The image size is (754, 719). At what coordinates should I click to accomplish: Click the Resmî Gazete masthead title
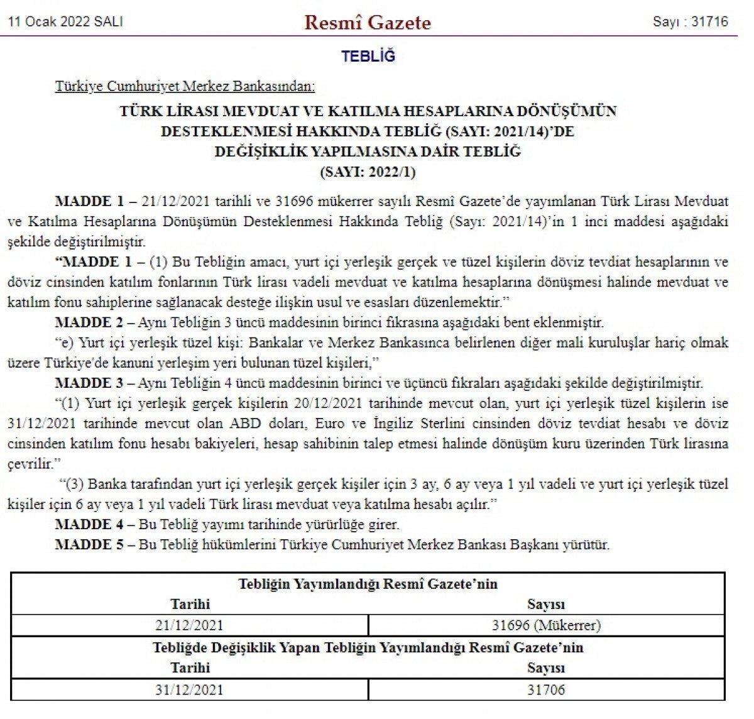pyautogui.click(x=368, y=23)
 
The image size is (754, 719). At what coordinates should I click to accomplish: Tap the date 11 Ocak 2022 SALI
pyautogui.click(x=65, y=21)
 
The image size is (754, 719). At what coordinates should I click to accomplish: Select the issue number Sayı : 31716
pyautogui.click(x=690, y=21)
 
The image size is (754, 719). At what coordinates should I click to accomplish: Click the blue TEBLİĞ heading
pyautogui.click(x=368, y=56)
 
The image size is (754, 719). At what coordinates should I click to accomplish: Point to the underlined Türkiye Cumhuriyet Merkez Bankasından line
pyautogui.click(x=185, y=85)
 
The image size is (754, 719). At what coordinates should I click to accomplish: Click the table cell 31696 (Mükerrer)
pyautogui.click(x=545, y=625)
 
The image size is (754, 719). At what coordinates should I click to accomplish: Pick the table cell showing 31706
pyautogui.click(x=545, y=689)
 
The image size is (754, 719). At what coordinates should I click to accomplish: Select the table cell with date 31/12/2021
pyautogui.click(x=189, y=689)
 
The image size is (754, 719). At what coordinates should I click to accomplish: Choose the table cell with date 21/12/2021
pyautogui.click(x=189, y=625)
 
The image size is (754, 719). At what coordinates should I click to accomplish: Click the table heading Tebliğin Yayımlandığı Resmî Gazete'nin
pyautogui.click(x=368, y=584)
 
